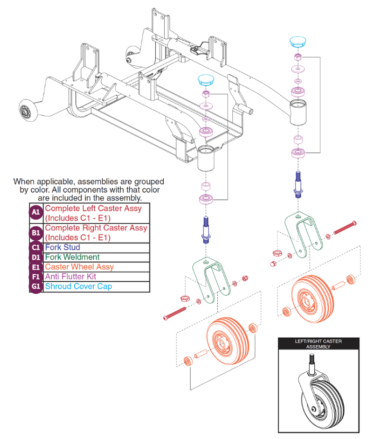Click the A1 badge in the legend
[36, 213]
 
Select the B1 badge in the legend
[36, 232]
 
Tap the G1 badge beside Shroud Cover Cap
[36, 286]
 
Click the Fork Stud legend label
[62, 247]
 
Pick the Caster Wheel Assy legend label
[79, 267]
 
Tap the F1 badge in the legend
[36, 276]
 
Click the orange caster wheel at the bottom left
[225, 342]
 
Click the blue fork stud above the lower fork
[206, 229]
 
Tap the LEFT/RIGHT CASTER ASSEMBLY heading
[318, 343]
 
